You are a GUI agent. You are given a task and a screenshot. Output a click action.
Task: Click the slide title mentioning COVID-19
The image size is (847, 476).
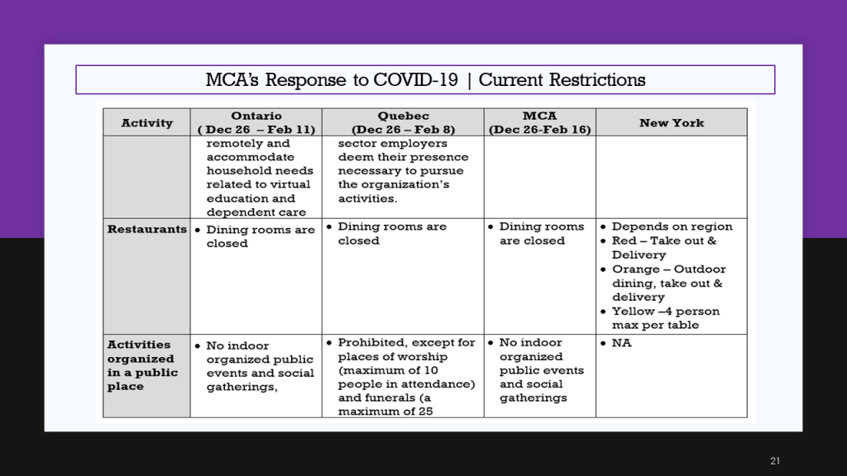(x=425, y=80)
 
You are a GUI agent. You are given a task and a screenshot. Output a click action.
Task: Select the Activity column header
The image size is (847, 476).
(x=147, y=123)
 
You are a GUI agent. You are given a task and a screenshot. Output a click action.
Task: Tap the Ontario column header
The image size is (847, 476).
(x=256, y=122)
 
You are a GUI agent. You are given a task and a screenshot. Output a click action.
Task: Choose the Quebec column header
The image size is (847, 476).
(x=403, y=122)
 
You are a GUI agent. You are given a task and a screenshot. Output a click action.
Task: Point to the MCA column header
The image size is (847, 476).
(x=539, y=122)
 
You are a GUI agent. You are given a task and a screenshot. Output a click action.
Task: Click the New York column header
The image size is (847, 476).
(x=672, y=123)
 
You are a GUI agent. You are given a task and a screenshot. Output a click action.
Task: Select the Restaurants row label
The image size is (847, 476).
(x=147, y=229)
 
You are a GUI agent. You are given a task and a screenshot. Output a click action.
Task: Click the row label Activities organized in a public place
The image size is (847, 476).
(x=142, y=365)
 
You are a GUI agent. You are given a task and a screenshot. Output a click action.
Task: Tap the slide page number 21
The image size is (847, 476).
(x=775, y=461)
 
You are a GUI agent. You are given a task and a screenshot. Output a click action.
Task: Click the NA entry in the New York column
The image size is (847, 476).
(x=621, y=343)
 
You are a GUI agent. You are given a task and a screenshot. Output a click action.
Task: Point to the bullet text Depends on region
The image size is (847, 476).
(x=672, y=226)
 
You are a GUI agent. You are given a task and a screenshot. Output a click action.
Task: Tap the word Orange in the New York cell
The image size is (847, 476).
(x=634, y=269)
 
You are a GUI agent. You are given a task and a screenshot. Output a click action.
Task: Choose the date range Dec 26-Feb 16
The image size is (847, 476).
(x=539, y=130)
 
